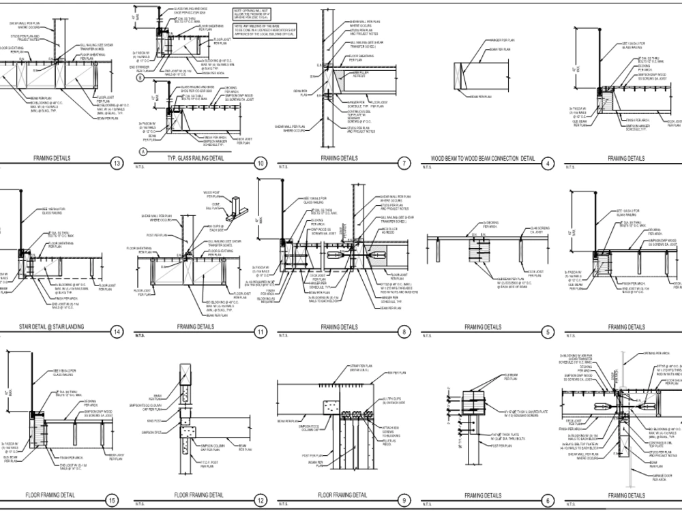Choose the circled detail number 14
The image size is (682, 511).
click(117, 332)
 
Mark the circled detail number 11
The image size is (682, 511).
click(260, 332)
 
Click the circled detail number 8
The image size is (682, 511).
click(404, 332)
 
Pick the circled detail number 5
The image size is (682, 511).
click(548, 332)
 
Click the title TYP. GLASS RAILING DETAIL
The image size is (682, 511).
click(195, 158)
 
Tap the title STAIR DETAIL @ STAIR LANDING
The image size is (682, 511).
click(51, 327)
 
